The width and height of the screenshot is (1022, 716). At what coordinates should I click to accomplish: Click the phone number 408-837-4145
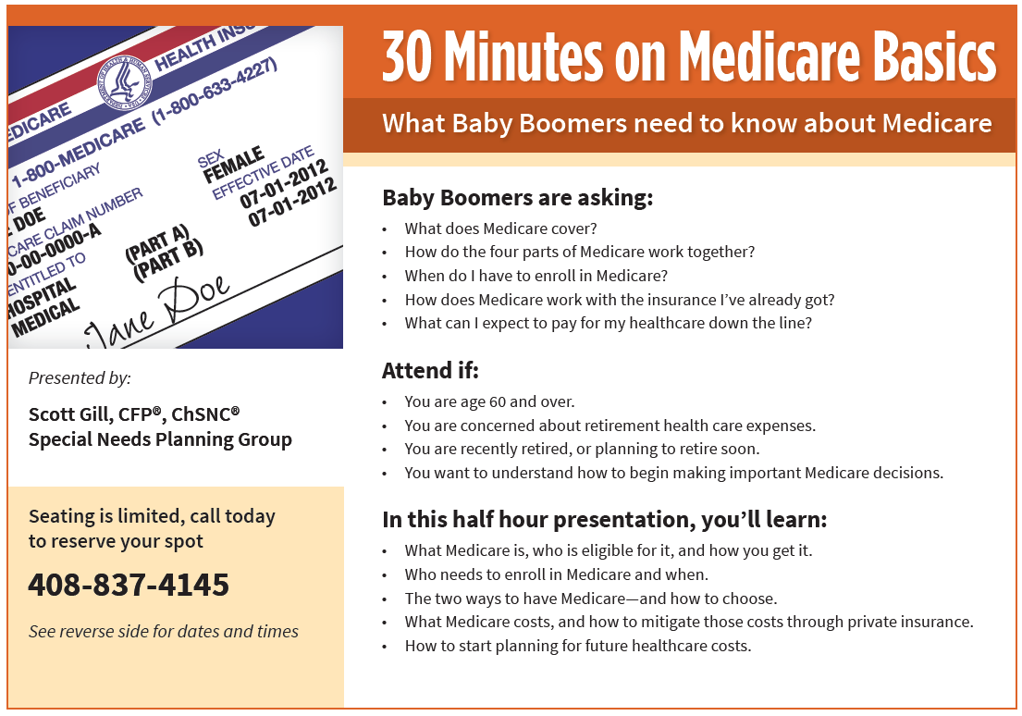pyautogui.click(x=129, y=585)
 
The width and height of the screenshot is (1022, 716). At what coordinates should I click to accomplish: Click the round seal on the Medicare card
pyautogui.click(x=123, y=86)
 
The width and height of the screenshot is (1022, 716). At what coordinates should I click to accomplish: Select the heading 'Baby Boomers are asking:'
pyautogui.click(x=517, y=197)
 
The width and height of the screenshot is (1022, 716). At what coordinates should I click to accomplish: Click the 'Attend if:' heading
pyautogui.click(x=430, y=371)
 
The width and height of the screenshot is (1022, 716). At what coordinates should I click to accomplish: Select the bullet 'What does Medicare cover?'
pyautogui.click(x=500, y=228)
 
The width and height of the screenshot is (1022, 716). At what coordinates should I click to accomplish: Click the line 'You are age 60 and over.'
pyautogui.click(x=489, y=401)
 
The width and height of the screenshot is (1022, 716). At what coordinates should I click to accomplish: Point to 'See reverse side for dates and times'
pyautogui.click(x=164, y=632)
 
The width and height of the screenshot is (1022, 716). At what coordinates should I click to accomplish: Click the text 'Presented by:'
pyautogui.click(x=80, y=377)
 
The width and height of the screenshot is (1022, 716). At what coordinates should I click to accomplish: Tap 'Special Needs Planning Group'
pyautogui.click(x=160, y=439)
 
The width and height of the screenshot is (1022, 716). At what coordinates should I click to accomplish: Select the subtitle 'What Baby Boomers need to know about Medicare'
pyautogui.click(x=686, y=123)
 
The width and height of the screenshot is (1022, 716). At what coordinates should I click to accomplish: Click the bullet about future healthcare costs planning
pyautogui.click(x=578, y=646)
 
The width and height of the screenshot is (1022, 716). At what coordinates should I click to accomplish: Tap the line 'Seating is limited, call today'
pyautogui.click(x=152, y=516)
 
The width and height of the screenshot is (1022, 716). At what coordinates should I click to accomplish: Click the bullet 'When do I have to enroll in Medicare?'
pyautogui.click(x=536, y=276)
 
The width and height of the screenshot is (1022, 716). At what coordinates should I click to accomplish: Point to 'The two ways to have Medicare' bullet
pyautogui.click(x=590, y=598)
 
